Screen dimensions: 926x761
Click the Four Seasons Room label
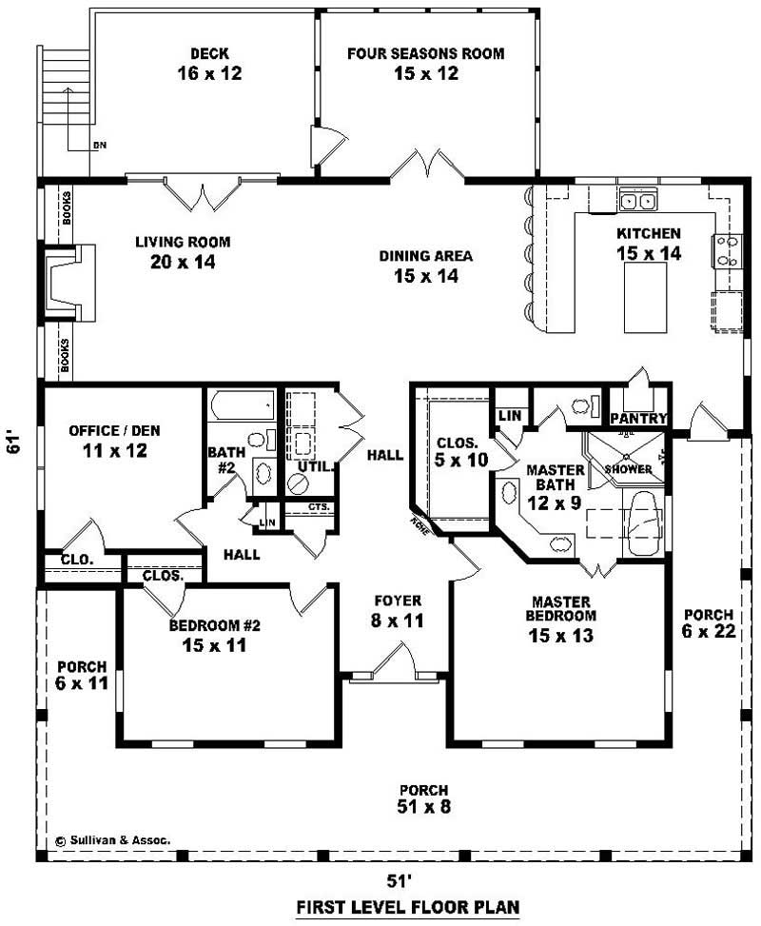(x=425, y=63)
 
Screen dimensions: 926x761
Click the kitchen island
(x=645, y=297)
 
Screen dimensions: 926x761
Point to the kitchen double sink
(x=637, y=201)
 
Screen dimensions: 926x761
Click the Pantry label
(x=638, y=419)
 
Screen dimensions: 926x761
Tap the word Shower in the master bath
(x=629, y=469)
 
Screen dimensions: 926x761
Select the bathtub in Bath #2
(x=241, y=407)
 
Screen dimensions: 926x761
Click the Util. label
(x=315, y=466)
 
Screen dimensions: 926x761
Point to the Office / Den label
(x=114, y=440)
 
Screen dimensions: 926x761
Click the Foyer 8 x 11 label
(x=398, y=610)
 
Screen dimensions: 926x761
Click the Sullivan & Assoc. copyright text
(x=112, y=840)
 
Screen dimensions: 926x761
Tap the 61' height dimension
(x=13, y=443)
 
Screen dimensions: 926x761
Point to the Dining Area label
(x=425, y=266)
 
